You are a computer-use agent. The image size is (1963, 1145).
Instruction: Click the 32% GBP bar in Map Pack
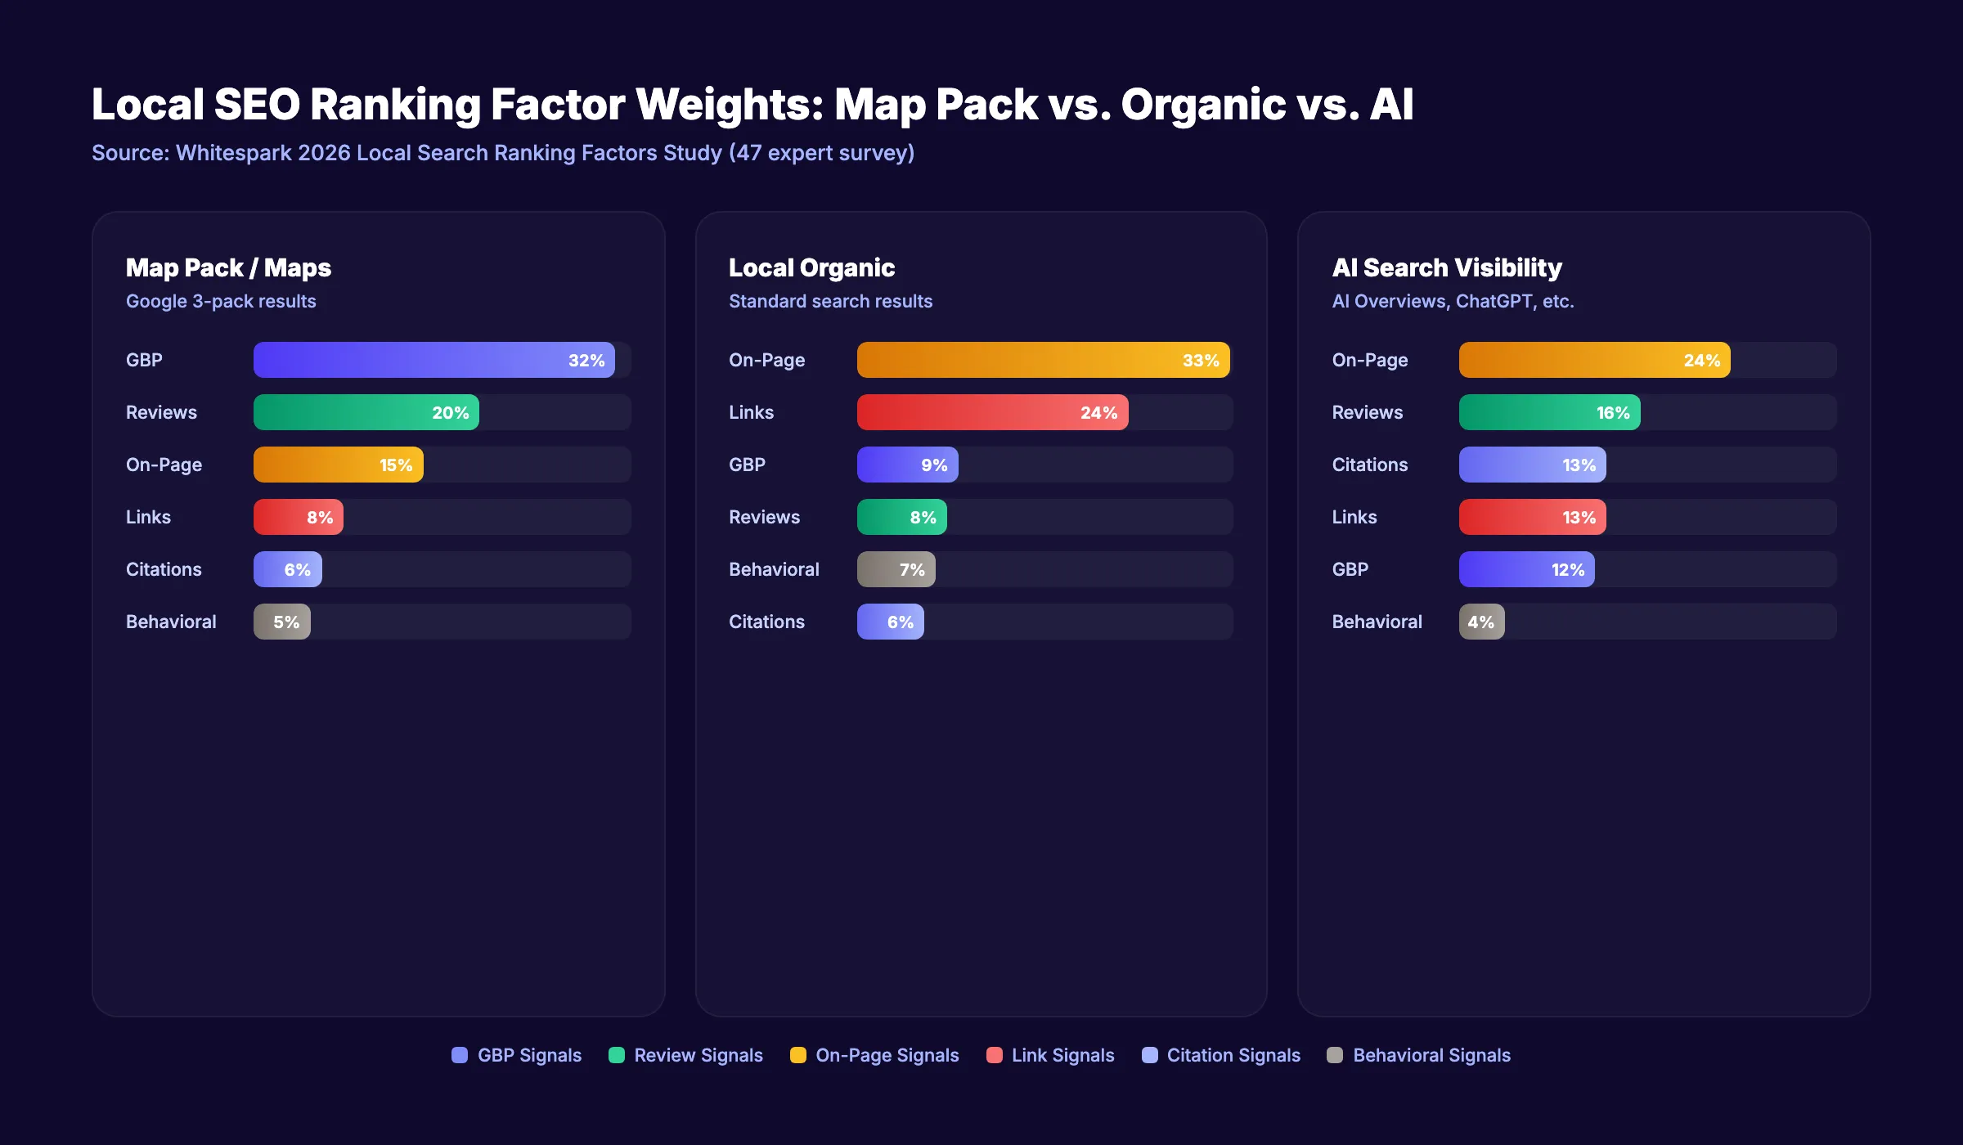click(433, 360)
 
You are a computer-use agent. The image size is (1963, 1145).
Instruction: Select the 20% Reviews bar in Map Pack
click(366, 412)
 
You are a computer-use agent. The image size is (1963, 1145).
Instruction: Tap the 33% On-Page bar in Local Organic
click(1043, 360)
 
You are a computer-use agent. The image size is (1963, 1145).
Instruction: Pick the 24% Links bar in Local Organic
click(992, 412)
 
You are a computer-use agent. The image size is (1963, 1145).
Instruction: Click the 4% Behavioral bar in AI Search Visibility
click(1481, 622)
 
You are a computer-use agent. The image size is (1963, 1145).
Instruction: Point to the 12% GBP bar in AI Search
click(1526, 569)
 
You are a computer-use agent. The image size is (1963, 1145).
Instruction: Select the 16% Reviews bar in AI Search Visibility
click(1549, 412)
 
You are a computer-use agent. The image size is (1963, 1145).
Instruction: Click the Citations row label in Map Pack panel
click(164, 569)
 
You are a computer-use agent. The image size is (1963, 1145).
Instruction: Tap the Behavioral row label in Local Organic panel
click(774, 569)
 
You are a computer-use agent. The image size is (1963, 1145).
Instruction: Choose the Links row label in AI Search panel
click(1354, 517)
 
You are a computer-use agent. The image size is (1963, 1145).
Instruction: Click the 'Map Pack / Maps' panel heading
click(228, 267)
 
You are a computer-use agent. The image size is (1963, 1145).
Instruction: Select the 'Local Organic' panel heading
click(811, 267)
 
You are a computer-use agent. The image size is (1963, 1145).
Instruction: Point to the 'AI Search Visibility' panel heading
click(1447, 267)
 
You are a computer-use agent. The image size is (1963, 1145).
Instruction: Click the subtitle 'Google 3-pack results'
click(221, 301)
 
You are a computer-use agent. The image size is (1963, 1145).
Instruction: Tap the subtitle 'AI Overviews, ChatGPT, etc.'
click(1453, 301)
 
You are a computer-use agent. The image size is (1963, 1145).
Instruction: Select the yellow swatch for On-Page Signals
click(797, 1055)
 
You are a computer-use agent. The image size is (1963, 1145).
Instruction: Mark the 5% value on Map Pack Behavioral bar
click(286, 622)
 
